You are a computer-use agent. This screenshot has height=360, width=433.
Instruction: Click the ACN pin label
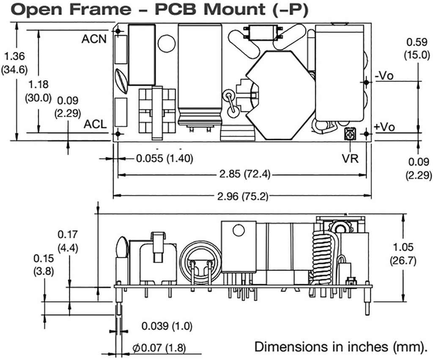[94, 39]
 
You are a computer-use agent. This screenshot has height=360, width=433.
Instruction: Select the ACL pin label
[95, 124]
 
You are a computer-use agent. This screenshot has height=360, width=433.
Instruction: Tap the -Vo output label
[384, 76]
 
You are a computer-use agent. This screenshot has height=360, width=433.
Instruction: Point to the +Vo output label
[384, 127]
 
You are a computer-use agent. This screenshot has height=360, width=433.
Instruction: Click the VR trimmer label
[351, 159]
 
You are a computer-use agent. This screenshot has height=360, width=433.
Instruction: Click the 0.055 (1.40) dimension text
[164, 158]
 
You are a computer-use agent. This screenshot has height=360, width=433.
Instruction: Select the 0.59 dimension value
[417, 42]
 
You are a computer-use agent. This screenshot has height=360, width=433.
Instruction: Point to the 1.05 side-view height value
[404, 247]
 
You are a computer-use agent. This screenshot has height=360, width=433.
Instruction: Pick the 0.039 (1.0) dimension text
[167, 326]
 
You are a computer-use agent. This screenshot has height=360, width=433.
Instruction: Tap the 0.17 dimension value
[68, 234]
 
